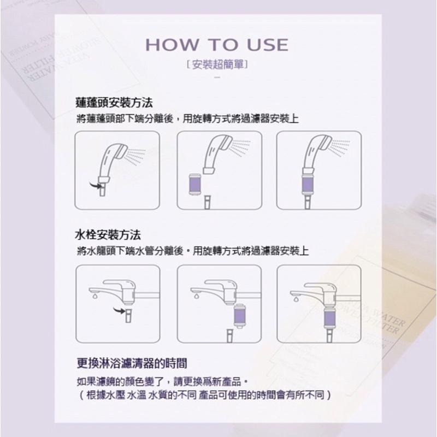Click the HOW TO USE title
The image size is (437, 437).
(x=218, y=44)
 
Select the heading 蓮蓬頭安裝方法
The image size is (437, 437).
(x=114, y=102)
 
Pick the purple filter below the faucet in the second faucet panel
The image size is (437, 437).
(x=239, y=317)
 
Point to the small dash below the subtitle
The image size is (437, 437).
(x=218, y=80)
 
